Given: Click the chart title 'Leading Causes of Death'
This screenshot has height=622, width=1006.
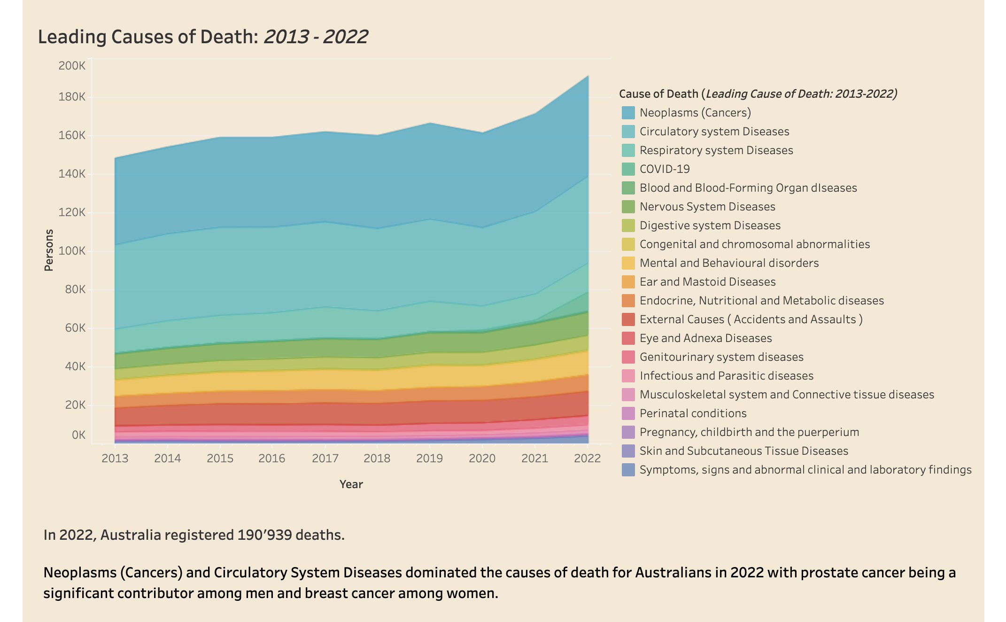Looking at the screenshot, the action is click(148, 37).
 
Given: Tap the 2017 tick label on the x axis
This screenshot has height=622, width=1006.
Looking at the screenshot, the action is click(325, 458).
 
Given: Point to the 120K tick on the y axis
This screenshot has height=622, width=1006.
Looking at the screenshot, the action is click(72, 212).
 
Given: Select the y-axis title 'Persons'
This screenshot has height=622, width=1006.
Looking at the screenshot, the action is click(49, 250).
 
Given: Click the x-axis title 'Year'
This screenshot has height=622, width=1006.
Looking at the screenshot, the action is click(351, 484).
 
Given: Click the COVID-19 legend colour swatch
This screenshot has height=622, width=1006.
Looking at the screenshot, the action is click(628, 169).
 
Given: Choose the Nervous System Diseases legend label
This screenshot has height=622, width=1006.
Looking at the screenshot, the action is click(707, 207).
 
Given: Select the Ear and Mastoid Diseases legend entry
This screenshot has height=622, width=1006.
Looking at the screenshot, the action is click(708, 282).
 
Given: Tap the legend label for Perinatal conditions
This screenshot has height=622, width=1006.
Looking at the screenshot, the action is click(693, 413).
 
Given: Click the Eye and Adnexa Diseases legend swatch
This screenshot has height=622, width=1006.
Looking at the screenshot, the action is click(628, 338).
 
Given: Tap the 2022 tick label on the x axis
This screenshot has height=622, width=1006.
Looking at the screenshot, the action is click(587, 458).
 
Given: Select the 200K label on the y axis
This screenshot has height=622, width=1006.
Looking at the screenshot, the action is click(72, 66).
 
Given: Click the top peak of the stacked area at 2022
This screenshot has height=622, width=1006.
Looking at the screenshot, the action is click(588, 76).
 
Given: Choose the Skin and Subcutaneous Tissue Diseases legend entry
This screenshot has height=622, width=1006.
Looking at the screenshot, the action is click(744, 451).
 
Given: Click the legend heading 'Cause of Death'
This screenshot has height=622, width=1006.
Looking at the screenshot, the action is click(659, 94).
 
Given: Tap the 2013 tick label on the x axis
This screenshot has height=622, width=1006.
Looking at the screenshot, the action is click(115, 458).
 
